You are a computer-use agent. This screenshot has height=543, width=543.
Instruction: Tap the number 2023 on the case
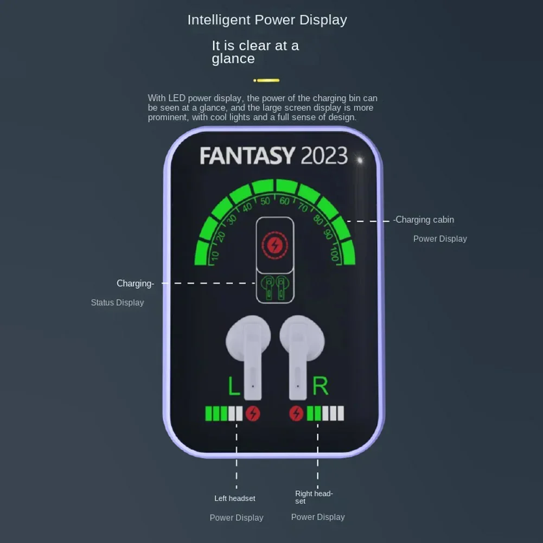[324, 156]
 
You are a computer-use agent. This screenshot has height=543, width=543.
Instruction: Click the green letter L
[233, 386]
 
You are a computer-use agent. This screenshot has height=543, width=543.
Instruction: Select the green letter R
[320, 386]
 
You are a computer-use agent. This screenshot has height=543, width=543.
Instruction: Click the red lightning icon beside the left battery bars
[253, 414]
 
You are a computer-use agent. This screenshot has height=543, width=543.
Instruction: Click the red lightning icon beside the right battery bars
[296, 414]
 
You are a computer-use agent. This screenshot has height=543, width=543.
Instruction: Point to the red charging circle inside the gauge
[274, 245]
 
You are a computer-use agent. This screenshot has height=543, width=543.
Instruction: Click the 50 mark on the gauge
[265, 201]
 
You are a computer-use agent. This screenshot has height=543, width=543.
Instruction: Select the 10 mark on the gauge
[215, 255]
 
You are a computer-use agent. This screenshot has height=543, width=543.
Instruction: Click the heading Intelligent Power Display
[267, 20]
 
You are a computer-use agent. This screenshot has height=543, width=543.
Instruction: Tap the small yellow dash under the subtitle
[267, 80]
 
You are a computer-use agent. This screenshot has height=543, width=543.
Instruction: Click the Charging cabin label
[424, 220]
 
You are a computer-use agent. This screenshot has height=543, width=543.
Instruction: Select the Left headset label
[234, 498]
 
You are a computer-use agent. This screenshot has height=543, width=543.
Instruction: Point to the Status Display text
[117, 303]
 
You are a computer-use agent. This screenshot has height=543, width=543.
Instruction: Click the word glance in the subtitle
[233, 59]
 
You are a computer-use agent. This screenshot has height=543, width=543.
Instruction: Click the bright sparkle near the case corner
[359, 159]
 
